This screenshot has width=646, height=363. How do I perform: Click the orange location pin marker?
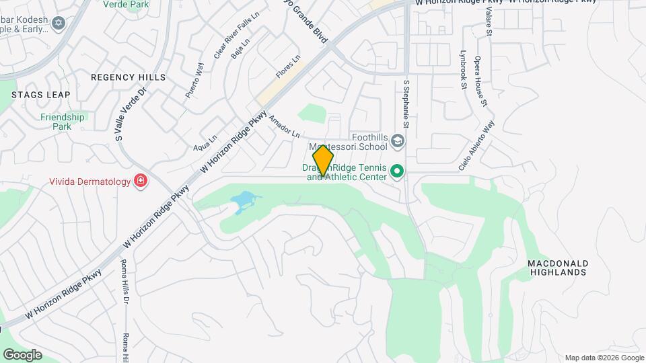coord(324,160)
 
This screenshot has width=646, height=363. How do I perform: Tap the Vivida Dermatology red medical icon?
coord(140,181)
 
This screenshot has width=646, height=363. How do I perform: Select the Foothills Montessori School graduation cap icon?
coord(398,140)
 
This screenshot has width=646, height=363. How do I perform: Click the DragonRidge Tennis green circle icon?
coord(397,172)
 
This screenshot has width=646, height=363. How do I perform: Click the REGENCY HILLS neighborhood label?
coord(128,77)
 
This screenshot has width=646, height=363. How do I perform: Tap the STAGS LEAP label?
coord(40,95)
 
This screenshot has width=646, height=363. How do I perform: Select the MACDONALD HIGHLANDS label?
coord(558,268)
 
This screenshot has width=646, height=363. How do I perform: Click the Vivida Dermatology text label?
coord(89,182)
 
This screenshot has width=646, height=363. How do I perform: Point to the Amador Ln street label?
coord(284,126)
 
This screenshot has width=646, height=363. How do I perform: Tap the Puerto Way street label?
coord(194,80)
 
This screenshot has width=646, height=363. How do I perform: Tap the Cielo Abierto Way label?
coord(477,146)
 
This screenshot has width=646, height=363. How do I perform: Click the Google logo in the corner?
coord(22,355)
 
